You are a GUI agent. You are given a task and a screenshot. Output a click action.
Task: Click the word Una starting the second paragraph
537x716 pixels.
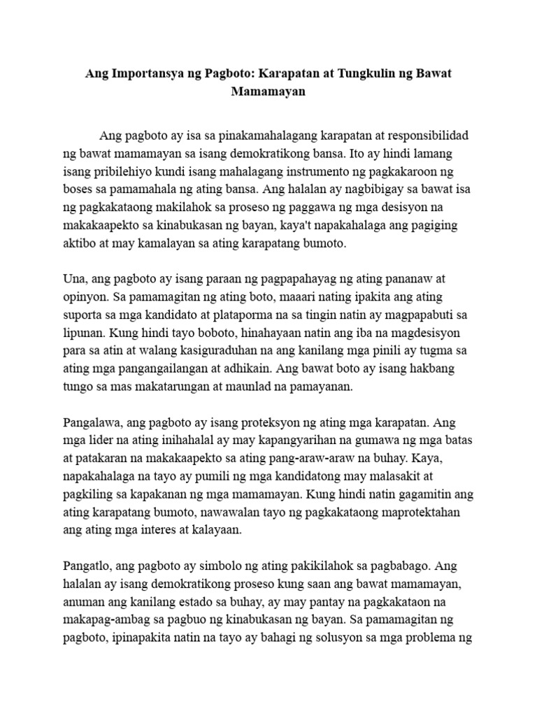[x=73, y=280]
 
